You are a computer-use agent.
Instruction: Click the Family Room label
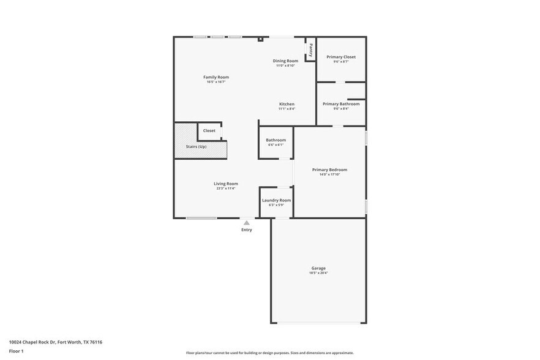point(216,77)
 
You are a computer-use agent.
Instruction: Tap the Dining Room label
point(285,61)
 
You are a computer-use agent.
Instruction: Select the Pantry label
point(311,49)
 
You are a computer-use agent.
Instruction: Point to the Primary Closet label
point(341,57)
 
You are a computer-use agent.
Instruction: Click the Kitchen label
point(287,104)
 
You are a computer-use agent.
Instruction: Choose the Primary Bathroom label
point(341,104)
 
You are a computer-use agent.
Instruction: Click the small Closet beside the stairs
point(209,130)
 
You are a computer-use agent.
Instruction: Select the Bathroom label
point(276,140)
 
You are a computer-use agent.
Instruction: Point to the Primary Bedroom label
point(329,170)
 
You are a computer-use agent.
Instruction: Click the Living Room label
point(226,184)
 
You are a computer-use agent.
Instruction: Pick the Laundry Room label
point(276,200)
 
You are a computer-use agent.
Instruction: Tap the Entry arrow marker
point(246,223)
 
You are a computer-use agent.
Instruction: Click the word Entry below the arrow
point(246,230)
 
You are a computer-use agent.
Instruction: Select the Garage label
point(318,268)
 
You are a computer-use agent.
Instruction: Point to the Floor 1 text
point(17,351)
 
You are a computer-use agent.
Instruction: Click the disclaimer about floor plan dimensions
point(269,353)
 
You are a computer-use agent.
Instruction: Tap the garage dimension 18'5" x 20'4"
point(318,273)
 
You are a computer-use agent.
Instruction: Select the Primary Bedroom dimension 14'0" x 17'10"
point(329,174)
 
